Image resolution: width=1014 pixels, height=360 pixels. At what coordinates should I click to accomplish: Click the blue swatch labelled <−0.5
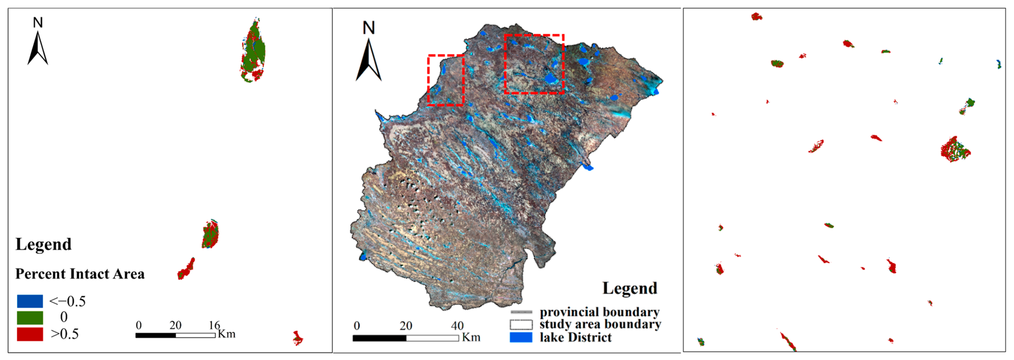point(30,301)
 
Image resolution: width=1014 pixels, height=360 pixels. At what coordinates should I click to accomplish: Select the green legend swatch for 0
point(30,317)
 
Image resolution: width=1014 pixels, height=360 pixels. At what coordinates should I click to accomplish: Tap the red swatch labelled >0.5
point(30,334)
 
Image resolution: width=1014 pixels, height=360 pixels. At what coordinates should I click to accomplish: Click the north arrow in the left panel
point(38,47)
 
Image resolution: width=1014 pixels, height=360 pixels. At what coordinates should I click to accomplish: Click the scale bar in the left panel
point(175,335)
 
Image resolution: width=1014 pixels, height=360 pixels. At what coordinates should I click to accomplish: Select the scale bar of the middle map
point(405,338)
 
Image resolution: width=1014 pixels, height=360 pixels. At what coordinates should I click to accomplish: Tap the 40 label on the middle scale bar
point(457,326)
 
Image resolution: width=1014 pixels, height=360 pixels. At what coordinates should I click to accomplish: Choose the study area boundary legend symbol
point(521,324)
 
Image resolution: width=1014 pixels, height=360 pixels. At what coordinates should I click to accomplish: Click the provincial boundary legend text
point(599,312)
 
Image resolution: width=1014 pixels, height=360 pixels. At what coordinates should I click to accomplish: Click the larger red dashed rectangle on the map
point(534,64)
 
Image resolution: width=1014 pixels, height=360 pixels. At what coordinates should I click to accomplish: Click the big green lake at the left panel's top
point(253,51)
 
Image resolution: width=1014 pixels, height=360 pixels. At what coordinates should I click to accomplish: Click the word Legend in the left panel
point(43,244)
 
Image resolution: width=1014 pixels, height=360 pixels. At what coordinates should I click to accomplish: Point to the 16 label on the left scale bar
point(214,325)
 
